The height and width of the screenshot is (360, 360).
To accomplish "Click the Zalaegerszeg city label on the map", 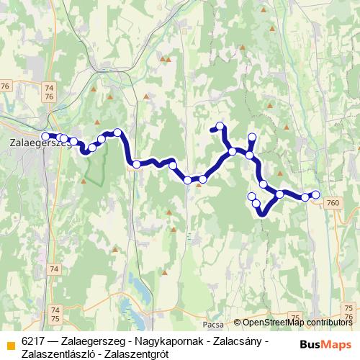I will tap(35, 143).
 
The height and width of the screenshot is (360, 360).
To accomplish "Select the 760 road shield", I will tap(332, 204).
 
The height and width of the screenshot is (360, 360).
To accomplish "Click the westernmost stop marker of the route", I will tap(46, 136).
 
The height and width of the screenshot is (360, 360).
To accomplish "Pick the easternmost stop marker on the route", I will tap(315, 195).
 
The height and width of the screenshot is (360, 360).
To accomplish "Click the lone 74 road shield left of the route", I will tap(54, 269).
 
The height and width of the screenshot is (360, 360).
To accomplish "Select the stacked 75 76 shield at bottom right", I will tap(348, 312).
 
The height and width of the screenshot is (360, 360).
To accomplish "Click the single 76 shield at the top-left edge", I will tap(6, 86).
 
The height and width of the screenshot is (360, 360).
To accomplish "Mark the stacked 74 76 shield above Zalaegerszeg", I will tap(49, 91).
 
